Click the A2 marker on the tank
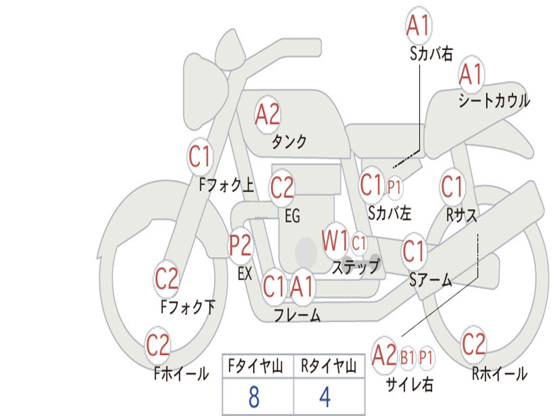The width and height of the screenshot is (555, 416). [x=268, y=115]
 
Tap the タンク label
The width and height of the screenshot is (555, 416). [x=289, y=142]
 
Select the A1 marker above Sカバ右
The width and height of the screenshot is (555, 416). [x=419, y=25]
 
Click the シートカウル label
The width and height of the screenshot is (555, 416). [x=494, y=100]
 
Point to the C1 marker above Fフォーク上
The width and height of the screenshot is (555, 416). [x=200, y=157]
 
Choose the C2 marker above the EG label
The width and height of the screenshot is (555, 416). [x=282, y=187]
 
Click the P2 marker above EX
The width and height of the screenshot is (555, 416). [x=241, y=245]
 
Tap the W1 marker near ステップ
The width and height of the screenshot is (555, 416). [x=335, y=241]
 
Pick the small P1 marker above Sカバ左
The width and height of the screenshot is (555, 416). [x=394, y=187]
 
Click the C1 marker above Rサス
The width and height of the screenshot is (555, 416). [x=452, y=186]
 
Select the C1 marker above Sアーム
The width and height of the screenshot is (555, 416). [x=414, y=251]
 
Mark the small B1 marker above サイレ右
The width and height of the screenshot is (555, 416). [x=408, y=357]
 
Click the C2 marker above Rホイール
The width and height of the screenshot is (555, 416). [x=473, y=344]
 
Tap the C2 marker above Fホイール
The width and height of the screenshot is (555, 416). [x=158, y=344]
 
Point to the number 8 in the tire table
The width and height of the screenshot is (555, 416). [x=254, y=396]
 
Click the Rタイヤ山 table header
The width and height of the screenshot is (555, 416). [x=329, y=366]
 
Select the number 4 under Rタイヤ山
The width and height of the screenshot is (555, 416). [x=325, y=396]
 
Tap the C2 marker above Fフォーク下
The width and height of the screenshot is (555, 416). [x=167, y=279]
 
